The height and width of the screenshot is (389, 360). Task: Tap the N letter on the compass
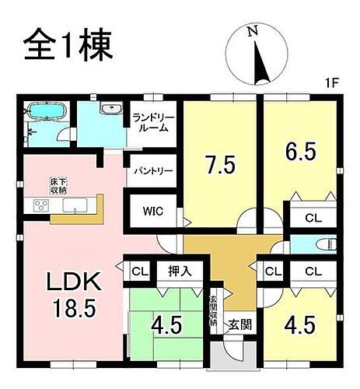click(251, 32)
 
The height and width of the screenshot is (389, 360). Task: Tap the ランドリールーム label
click(153, 122)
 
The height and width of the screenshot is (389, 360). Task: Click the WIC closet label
click(153, 211)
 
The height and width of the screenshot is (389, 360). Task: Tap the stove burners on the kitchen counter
click(40, 205)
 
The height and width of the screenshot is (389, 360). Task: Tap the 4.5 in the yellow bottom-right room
click(300, 322)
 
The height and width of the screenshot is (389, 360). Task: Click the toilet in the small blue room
click(321, 244)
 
